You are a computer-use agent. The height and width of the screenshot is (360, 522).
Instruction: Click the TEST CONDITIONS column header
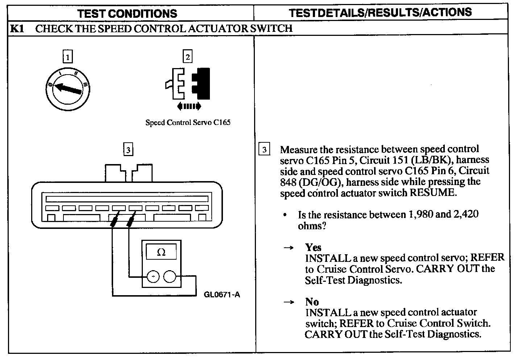pyautogui.click(x=127, y=14)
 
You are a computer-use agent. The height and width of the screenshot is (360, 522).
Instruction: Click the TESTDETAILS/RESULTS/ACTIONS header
pyautogui.click(x=380, y=12)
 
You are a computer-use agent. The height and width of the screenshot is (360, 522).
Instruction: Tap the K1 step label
pyautogui.click(x=17, y=29)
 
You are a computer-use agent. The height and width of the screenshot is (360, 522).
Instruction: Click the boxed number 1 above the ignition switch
pyautogui.click(x=67, y=57)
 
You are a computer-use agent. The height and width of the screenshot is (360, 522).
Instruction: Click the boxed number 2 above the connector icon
pyautogui.click(x=187, y=57)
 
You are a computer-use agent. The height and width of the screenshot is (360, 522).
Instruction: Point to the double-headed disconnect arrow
pyautogui.click(x=189, y=106)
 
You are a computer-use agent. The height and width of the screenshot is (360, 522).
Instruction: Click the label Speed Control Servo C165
pyautogui.click(x=188, y=122)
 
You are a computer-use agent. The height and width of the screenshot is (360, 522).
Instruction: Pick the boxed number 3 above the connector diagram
pyautogui.click(x=128, y=149)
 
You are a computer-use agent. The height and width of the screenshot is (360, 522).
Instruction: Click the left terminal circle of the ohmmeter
pyautogui.click(x=153, y=277)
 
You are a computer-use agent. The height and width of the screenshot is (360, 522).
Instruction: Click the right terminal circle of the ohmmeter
pyautogui.click(x=169, y=277)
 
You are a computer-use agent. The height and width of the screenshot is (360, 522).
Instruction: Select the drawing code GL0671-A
pyautogui.click(x=222, y=294)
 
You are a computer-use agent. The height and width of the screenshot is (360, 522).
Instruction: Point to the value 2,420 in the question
pyautogui.click(x=465, y=214)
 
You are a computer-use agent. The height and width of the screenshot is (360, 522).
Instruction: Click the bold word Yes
pyautogui.click(x=313, y=248)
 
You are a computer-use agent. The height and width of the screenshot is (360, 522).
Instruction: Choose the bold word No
pyautogui.click(x=312, y=302)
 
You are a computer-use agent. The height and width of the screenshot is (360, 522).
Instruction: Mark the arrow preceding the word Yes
pyautogui.click(x=288, y=248)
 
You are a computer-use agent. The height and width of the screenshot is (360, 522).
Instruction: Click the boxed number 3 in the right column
pyautogui.click(x=265, y=150)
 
